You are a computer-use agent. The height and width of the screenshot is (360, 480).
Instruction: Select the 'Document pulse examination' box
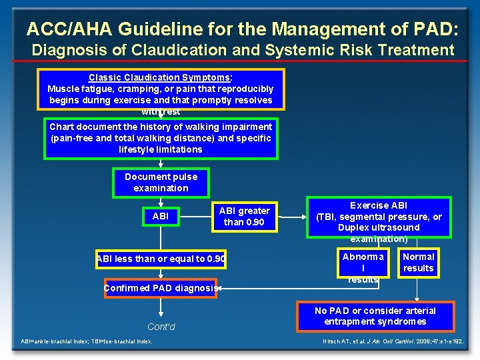point(161,183)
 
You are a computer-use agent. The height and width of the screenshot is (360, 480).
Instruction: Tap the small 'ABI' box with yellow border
point(161,216)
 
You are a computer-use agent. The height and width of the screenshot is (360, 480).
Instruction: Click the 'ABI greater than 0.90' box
point(244,216)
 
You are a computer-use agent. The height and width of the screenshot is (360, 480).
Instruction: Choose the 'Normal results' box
point(418,263)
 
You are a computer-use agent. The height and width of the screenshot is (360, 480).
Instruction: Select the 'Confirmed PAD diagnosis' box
point(161,288)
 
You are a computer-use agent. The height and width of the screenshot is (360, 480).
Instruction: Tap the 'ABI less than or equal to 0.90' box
point(161,259)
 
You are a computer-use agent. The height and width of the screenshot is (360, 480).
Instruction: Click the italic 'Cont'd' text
point(161,327)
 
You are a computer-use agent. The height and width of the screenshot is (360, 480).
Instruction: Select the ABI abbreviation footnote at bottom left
point(86,341)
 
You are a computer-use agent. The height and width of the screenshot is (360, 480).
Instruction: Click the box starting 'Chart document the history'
point(161,138)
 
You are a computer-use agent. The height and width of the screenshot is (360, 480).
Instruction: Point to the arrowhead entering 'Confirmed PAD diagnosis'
point(220,288)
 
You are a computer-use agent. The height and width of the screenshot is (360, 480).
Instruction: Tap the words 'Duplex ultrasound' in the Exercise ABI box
point(379,228)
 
